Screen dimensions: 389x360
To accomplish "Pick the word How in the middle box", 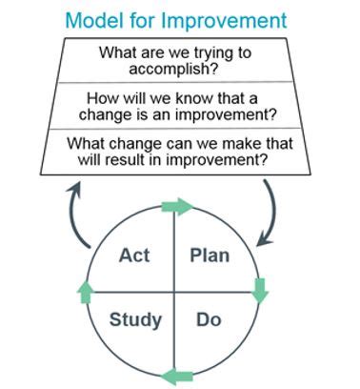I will coord(102,98).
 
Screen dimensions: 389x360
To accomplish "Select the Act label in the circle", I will coord(134,255).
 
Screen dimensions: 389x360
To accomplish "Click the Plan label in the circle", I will coord(210,255).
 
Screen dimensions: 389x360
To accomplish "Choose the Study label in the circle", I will coord(134,319).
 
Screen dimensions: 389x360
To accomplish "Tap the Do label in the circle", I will coord(209,319).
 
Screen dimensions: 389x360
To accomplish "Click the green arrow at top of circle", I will coord(176,206).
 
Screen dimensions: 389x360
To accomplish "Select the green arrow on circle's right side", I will coord(260,291).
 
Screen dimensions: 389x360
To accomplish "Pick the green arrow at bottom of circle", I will coord(174,373).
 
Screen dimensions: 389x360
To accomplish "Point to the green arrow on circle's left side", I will coord(88,291).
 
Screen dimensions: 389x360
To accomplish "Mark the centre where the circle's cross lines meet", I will coord(173,291).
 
